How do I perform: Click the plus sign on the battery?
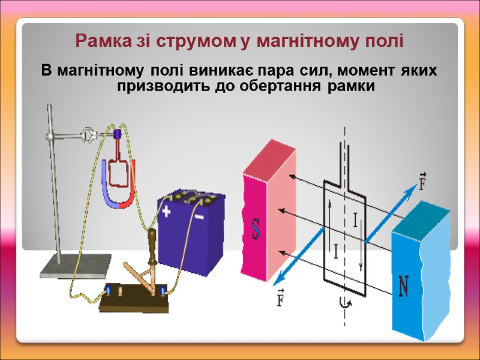(166, 211)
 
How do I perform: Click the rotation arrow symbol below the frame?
(344, 304)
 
